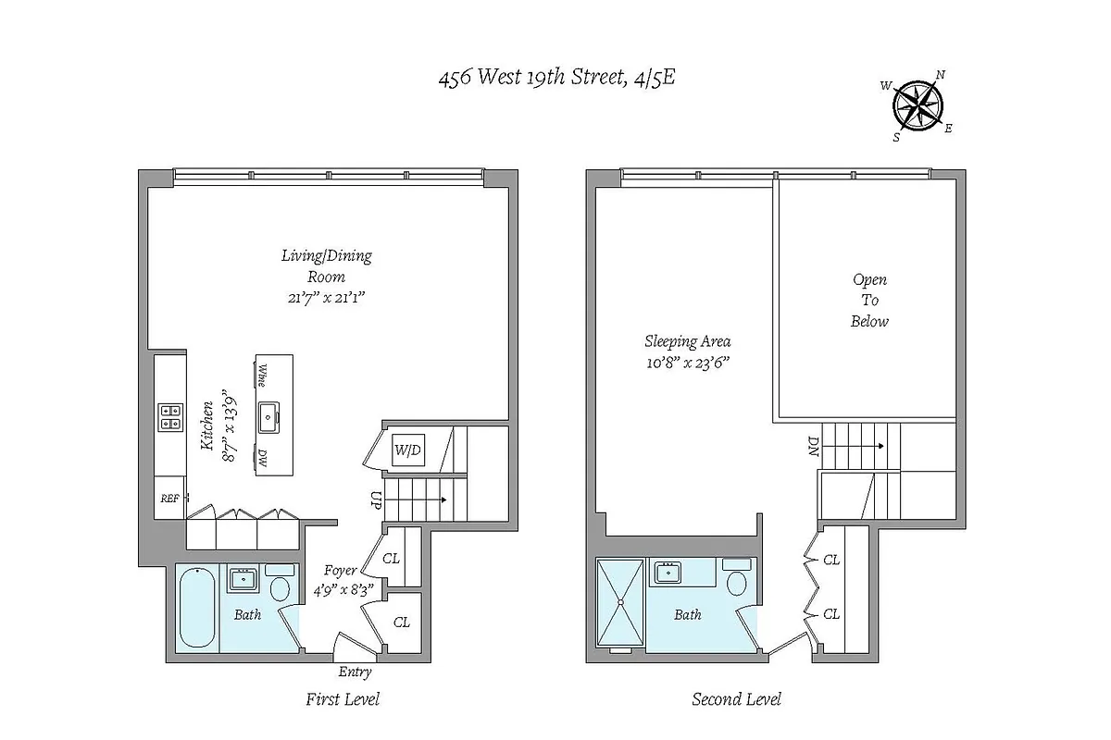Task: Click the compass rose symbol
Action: (x=918, y=104)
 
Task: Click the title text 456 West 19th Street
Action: (x=556, y=78)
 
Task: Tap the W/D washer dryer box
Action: (x=407, y=451)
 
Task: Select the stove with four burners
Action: (x=170, y=417)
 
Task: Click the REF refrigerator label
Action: (x=169, y=498)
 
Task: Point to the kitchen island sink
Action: (x=270, y=417)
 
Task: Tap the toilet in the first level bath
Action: (x=279, y=586)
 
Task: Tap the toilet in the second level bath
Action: (x=738, y=582)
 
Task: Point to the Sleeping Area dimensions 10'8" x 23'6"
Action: (x=687, y=363)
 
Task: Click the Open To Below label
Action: (x=869, y=301)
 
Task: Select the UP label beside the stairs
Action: (x=376, y=500)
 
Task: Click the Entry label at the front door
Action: (x=355, y=672)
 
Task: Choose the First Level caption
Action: (x=343, y=699)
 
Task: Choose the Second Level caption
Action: (x=737, y=699)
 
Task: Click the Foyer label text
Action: (x=341, y=571)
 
